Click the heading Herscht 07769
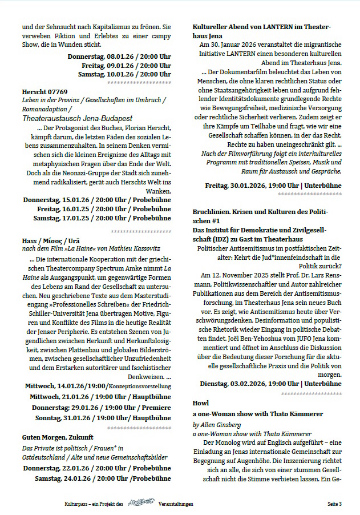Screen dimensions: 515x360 pyautogui.click(x=45, y=91)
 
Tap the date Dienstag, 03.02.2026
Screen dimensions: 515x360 pyautogui.click(x=229, y=383)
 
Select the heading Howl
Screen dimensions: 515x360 pyautogui.click(x=201, y=403)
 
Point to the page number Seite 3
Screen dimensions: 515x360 pyautogui.click(x=334, y=504)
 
